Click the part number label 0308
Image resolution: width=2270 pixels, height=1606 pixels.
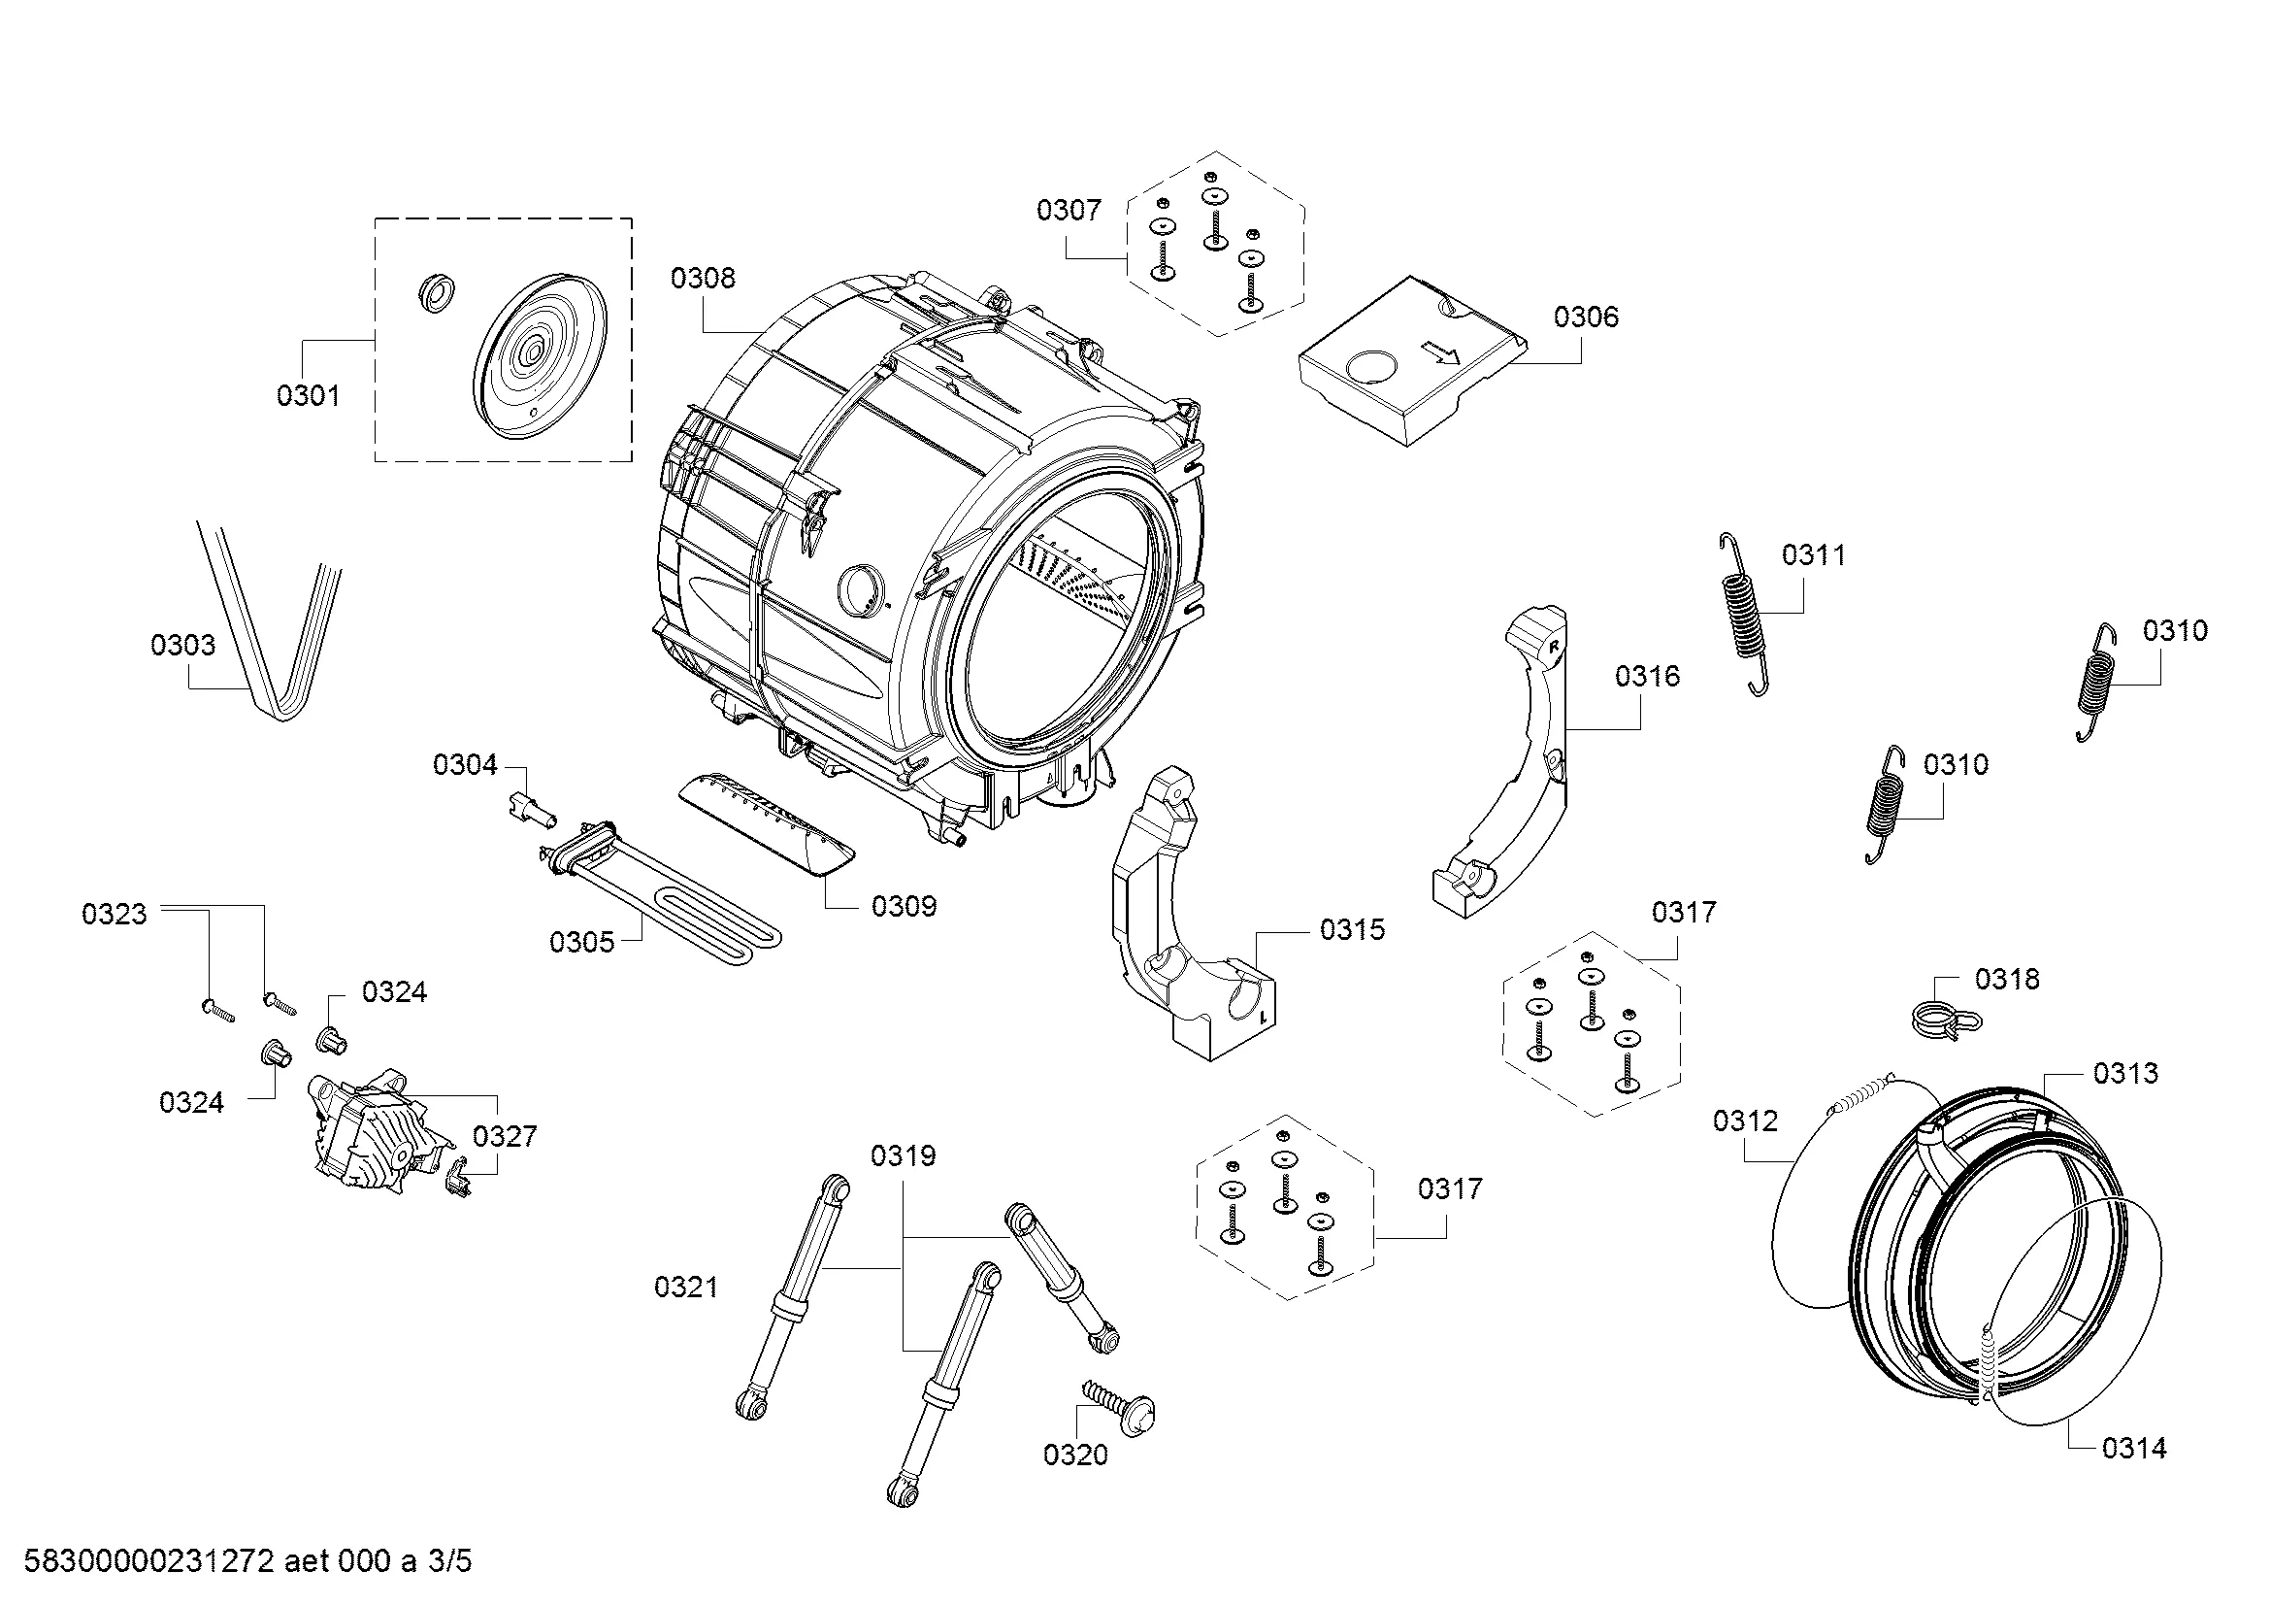pos(702,279)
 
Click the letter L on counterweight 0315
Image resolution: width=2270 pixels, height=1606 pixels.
pos(1263,1016)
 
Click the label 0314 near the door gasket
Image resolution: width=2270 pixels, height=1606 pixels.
pos(2133,1449)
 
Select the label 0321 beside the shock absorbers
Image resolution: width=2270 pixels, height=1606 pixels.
pos(686,1288)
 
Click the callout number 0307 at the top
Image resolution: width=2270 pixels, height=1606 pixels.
pos(1068,210)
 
